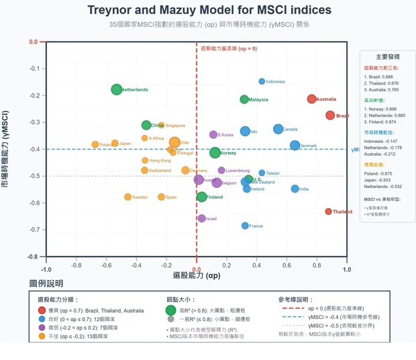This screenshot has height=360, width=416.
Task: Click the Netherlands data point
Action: pyautogui.click(x=117, y=90)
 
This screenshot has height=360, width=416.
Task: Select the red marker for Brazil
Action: pyautogui.click(x=330, y=116)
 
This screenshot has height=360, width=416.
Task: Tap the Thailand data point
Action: pyautogui.click(x=329, y=212)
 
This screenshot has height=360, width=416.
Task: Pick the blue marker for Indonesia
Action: pyautogui.click(x=262, y=81)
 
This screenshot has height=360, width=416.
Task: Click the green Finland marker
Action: pyautogui.click(x=201, y=197)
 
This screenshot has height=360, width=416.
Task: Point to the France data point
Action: pyautogui.click(x=245, y=226)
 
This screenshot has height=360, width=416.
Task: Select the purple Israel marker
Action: pyautogui.click(x=202, y=218)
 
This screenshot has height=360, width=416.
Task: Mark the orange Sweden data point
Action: pyautogui.click(x=128, y=197)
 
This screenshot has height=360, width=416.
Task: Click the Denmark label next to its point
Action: pyautogui.click(x=308, y=146)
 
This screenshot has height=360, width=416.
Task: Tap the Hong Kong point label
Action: pyautogui.click(x=160, y=161)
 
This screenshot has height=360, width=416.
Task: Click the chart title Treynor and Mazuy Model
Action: pyautogui.click(x=209, y=10)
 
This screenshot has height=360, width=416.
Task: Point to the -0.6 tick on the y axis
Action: pyautogui.click(x=32, y=203)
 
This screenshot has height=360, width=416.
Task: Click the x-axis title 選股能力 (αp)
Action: pyautogui.click(x=196, y=275)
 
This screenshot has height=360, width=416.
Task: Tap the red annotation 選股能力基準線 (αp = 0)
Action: pyautogui.click(x=229, y=48)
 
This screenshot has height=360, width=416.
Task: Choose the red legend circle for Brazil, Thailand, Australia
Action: pyautogui.click(x=42, y=310)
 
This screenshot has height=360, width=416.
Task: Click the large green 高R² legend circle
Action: pyautogui.click(x=170, y=310)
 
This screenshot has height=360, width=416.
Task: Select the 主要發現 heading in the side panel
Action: pyautogui.click(x=387, y=57)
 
